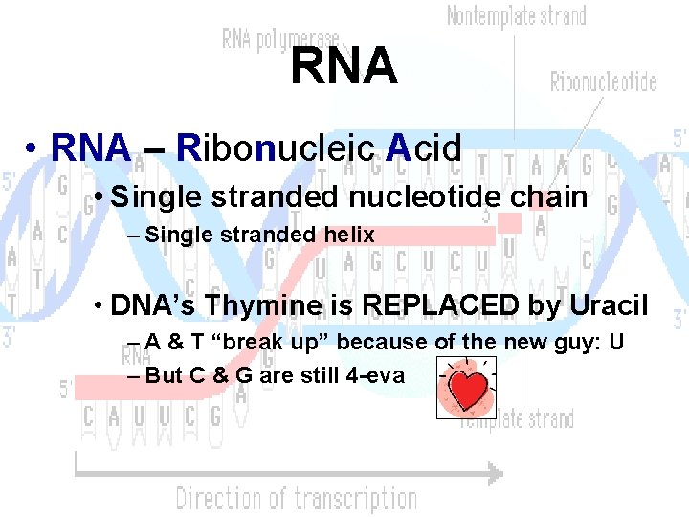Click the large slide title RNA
pos(344,66)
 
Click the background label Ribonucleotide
pos(603,81)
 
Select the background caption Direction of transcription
pos(296,499)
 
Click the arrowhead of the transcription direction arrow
pos(494,472)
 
